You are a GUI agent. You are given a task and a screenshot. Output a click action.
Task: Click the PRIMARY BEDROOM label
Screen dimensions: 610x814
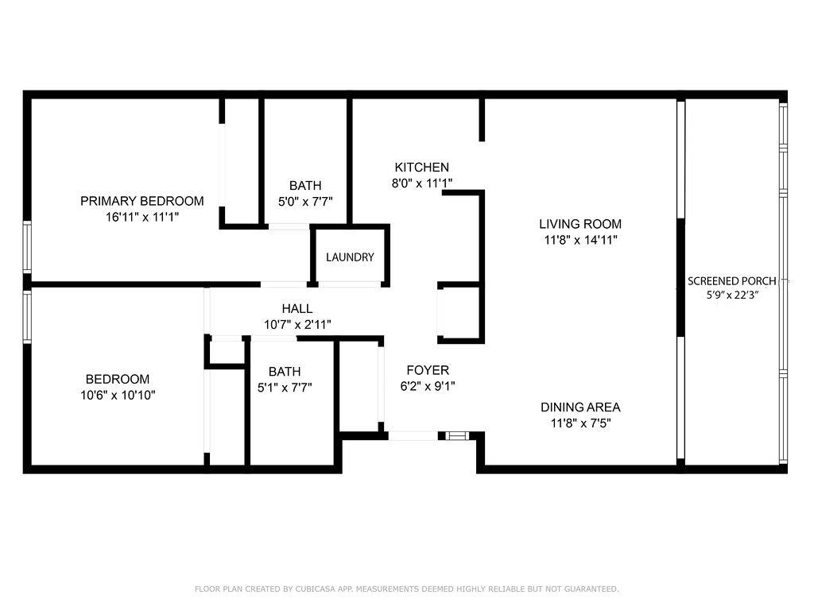141,201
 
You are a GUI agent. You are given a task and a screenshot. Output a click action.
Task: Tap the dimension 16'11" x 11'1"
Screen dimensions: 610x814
141,216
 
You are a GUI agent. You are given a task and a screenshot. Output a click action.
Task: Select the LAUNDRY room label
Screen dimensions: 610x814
350,257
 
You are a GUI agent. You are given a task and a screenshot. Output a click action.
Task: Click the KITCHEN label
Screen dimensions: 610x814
422,168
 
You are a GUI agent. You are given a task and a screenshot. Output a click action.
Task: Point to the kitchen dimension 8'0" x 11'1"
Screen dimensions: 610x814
422,183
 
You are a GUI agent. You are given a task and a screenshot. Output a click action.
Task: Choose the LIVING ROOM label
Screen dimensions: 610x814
580,224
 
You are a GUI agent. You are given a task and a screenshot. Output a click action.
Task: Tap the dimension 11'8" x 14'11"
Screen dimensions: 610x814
580,239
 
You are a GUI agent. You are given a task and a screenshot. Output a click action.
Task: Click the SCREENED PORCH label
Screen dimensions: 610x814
732,281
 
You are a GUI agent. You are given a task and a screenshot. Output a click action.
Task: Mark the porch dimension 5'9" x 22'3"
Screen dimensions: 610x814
732,295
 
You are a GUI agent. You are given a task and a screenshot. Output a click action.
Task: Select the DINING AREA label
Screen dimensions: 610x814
580,407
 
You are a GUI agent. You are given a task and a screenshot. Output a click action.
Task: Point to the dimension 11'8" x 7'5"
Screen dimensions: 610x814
580,423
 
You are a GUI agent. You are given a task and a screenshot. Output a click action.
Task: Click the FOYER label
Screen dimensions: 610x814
428,370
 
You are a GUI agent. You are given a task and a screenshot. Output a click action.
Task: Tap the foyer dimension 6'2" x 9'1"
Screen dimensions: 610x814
428,386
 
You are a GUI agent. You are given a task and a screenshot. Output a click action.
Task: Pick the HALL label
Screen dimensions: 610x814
297,309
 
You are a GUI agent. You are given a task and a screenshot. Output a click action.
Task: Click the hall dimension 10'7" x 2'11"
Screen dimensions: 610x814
297,324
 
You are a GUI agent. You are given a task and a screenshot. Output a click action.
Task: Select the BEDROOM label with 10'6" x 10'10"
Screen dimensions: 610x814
118,380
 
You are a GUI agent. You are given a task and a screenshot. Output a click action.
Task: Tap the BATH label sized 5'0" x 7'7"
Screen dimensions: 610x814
305,186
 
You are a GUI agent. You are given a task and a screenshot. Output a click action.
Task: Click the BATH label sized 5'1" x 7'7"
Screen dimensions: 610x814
285,372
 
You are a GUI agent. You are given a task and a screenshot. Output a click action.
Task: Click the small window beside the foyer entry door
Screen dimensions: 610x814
456,435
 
